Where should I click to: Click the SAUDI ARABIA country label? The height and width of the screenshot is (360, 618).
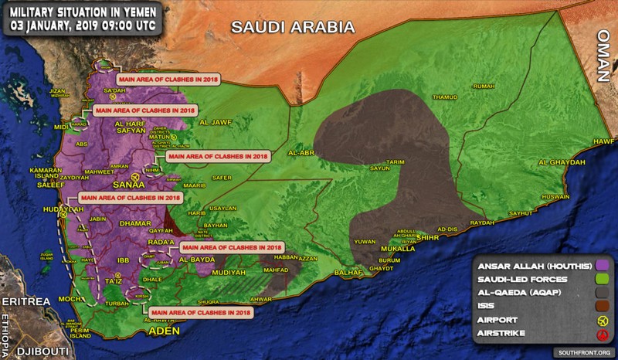pos(293,27)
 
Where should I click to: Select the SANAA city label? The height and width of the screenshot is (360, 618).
pos(129,185)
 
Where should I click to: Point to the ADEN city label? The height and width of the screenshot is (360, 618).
pos(164,331)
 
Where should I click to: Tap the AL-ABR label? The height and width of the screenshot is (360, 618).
pos(300,153)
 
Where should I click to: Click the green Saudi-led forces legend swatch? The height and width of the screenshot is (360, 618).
pos(600,279)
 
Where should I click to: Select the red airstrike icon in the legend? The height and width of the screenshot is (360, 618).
pos(600,334)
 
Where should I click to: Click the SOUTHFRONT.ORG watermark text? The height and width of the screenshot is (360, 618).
pos(576,352)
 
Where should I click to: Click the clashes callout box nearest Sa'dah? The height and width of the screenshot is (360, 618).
pos(165,78)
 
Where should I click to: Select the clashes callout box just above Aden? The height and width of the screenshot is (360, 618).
pos(200,312)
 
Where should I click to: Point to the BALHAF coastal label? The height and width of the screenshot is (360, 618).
pos(350,273)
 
